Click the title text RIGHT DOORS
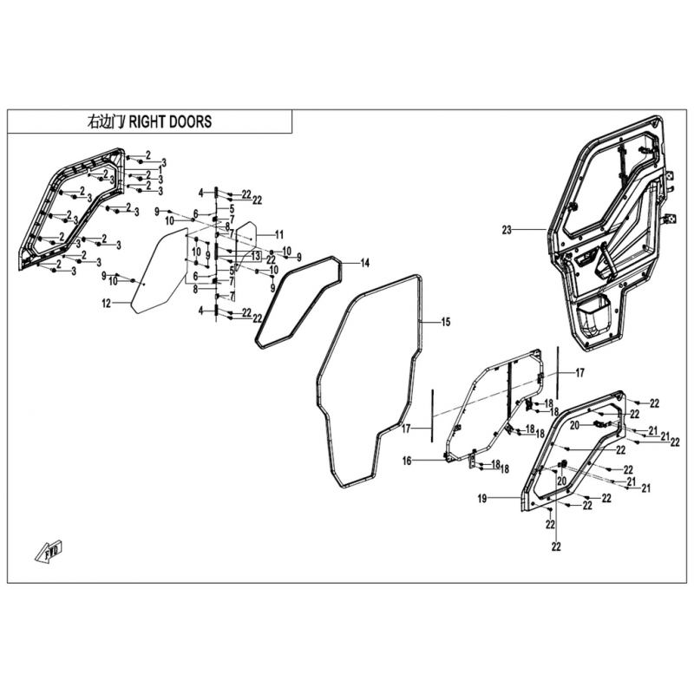pyautogui.click(x=170, y=121)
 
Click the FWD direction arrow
pyautogui.click(x=49, y=552)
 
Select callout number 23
pyautogui.click(x=507, y=230)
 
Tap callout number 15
pyautogui.click(x=446, y=322)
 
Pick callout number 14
pyautogui.click(x=364, y=264)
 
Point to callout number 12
pyautogui.click(x=107, y=304)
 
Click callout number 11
pyautogui.click(x=278, y=234)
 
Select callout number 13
pyautogui.click(x=256, y=256)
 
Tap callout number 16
pyautogui.click(x=407, y=462)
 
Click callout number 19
pyautogui.click(x=482, y=499)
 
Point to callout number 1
pyautogui.click(x=160, y=169)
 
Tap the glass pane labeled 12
pyautogui.click(x=160, y=271)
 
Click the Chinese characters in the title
pyautogui.click(x=106, y=121)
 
